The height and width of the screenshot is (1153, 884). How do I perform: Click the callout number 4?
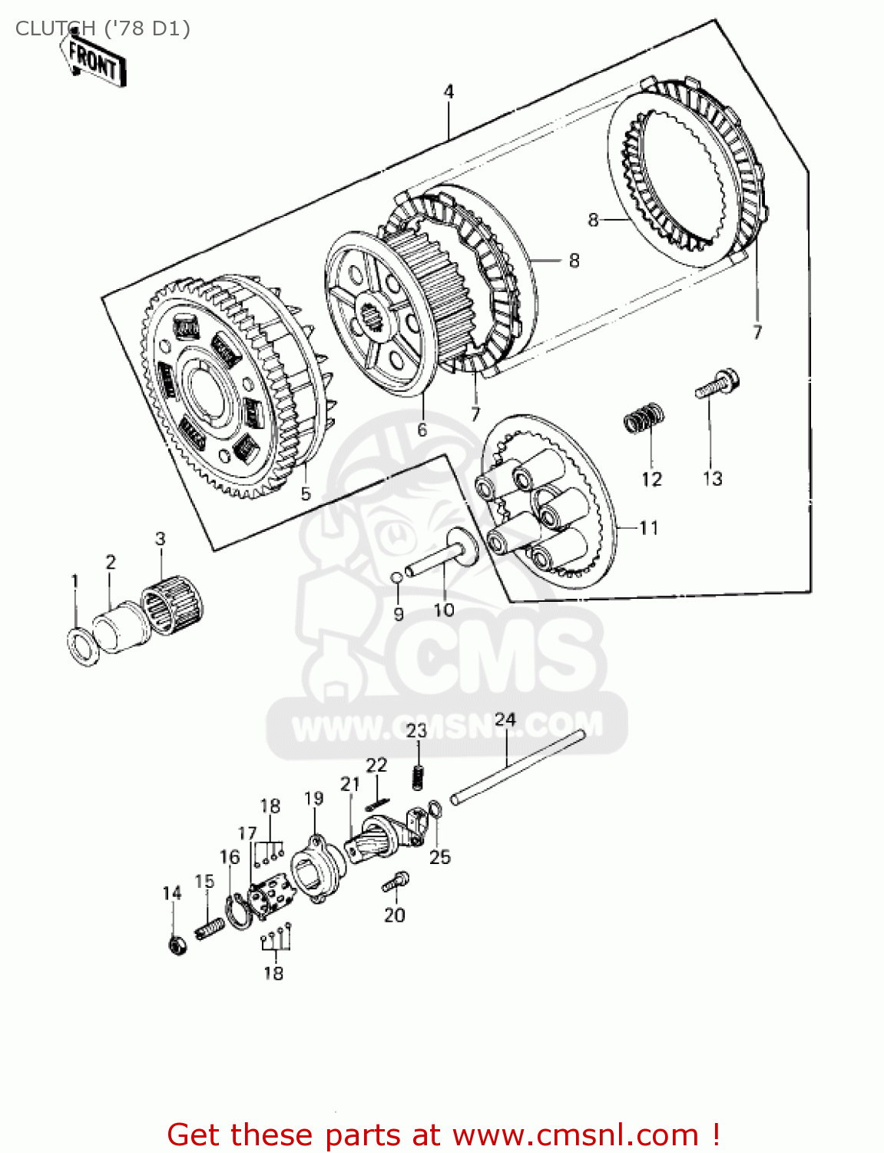click(449, 91)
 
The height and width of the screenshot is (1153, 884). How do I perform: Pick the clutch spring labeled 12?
click(643, 418)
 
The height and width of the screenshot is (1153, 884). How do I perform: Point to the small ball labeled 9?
click(396, 577)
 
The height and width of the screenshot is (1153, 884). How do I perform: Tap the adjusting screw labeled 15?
click(210, 929)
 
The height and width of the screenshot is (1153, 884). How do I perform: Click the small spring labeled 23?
click(418, 777)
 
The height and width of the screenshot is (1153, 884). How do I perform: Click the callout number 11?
click(649, 528)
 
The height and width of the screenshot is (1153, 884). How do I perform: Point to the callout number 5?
click(306, 493)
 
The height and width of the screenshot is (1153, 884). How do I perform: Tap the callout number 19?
click(313, 798)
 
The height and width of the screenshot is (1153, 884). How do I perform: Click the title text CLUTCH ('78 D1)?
click(103, 28)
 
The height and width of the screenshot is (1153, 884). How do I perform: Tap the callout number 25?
click(439, 856)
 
